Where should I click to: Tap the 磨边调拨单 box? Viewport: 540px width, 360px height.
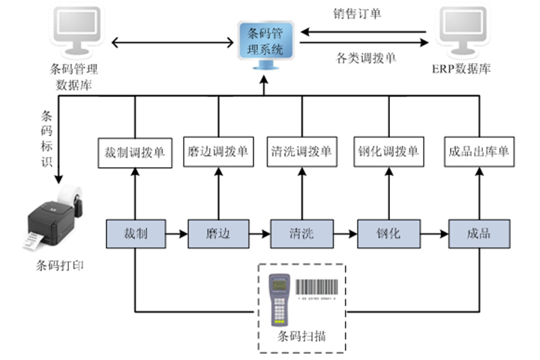pyautogui.click(x=219, y=152)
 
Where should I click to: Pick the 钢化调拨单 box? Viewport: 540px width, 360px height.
pyautogui.click(x=388, y=152)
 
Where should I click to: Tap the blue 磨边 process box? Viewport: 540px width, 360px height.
pyautogui.click(x=217, y=233)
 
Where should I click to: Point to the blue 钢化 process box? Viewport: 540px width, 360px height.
pyautogui.click(x=388, y=233)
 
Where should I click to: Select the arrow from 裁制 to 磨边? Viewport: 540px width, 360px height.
pyautogui.click(x=175, y=234)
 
